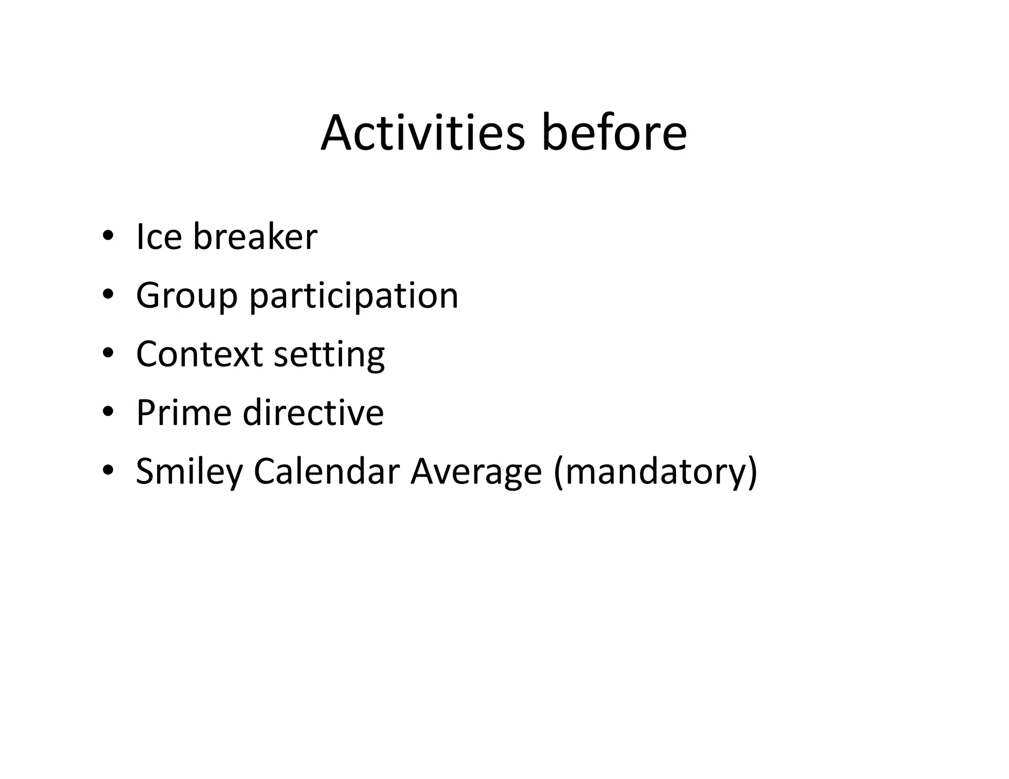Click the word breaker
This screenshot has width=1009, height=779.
(255, 237)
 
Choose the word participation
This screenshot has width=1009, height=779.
(354, 296)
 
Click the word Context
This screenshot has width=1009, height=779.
(199, 354)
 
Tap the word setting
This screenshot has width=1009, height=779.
(329, 355)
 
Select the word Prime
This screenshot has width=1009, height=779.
(183, 413)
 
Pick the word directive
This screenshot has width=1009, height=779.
(313, 413)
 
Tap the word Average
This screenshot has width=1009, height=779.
(476, 472)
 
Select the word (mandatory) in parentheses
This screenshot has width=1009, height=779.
(655, 472)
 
